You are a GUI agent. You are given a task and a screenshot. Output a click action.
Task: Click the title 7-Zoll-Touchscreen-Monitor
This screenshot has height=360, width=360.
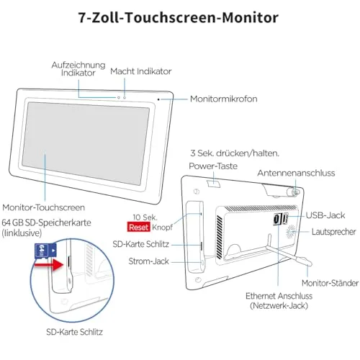pos(179,17)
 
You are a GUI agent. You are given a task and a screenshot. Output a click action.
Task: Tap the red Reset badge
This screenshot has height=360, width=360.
pos(139,227)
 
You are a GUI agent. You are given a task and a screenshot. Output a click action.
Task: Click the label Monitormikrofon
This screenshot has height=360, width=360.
pos(223,99)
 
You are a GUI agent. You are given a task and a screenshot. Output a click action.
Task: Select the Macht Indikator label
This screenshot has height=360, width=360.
pos(141,71)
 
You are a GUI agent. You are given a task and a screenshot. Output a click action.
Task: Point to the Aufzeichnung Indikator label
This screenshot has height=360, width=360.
pos(78,69)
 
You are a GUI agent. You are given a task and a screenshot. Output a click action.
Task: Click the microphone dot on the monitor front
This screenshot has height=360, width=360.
pos(158,99)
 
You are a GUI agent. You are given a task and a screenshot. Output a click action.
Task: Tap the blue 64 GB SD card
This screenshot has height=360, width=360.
pos(45,251)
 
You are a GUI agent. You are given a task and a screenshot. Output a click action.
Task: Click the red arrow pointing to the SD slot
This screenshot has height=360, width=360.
pos(49,265)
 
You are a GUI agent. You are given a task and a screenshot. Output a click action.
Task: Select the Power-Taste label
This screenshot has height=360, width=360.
pos(213,166)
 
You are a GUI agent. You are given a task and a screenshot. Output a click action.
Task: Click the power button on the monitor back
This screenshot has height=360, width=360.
pos(214,184)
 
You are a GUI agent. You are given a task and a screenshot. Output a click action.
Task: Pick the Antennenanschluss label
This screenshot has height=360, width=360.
pos(296,173)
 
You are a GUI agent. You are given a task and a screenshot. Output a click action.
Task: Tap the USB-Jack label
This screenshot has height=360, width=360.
pos(325,215)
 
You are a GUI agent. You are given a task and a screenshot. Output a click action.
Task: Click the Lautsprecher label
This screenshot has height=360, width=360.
pos(333,232)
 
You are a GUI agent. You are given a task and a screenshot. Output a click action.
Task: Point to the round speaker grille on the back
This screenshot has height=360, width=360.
pos(291,232)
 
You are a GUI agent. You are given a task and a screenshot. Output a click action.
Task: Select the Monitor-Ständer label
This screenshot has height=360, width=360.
pos(330,283)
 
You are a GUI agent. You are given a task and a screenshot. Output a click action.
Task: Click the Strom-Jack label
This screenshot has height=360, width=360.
pos(148,261)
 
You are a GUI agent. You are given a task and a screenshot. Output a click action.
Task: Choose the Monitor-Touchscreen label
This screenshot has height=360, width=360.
pos(44,207)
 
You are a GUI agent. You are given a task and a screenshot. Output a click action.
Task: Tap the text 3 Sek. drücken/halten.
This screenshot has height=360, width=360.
pos(235,153)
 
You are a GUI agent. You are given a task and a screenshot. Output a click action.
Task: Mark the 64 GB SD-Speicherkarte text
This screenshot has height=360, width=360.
pos(46,222)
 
